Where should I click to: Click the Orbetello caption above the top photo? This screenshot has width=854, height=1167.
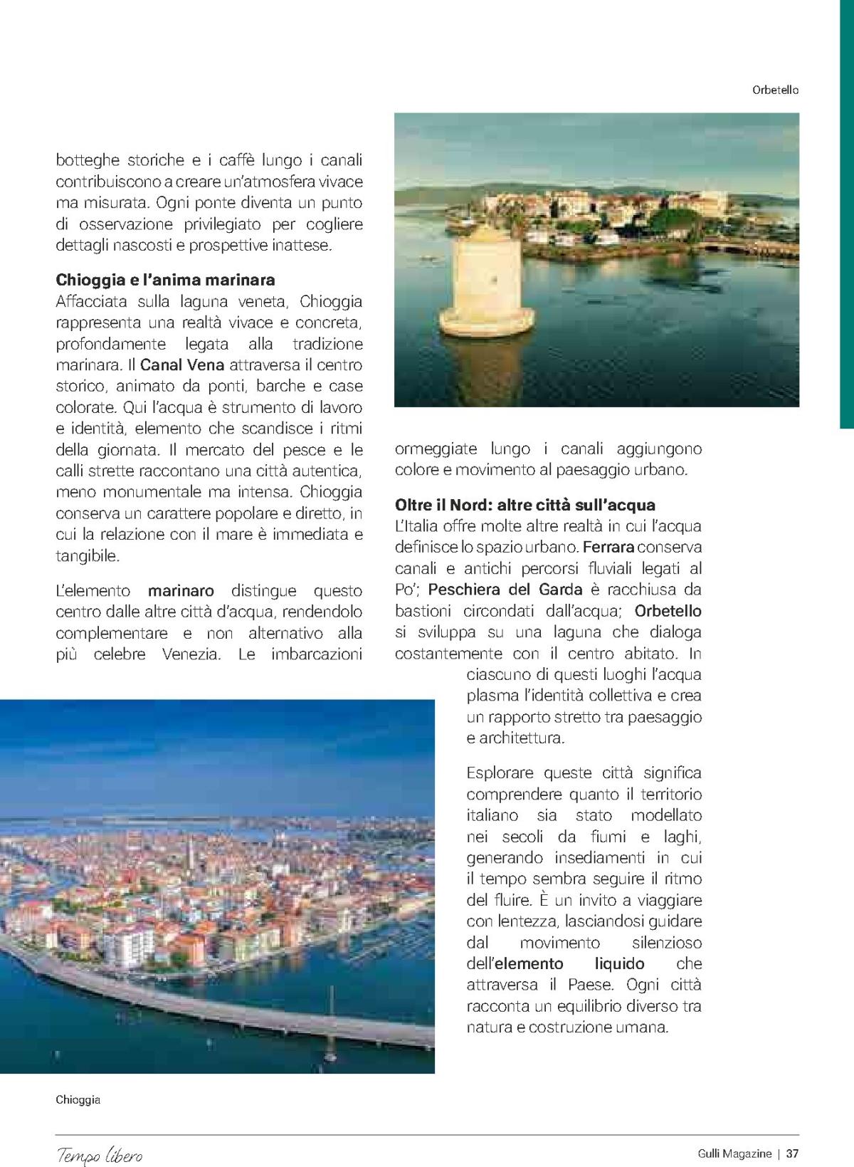click(x=775, y=90)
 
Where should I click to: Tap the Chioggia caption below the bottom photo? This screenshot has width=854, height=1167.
click(x=78, y=1099)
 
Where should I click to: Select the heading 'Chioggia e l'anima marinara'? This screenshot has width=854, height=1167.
click(x=165, y=279)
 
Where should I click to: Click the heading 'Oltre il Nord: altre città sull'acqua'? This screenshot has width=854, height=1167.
click(x=525, y=505)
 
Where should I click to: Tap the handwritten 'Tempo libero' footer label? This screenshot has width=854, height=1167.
click(x=100, y=1154)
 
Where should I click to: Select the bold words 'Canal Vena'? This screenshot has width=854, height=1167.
click(x=182, y=365)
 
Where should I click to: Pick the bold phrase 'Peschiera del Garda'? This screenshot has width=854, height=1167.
click(x=505, y=590)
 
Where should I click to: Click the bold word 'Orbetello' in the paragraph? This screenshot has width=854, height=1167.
click(x=668, y=611)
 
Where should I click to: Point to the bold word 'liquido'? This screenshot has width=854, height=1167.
click(x=619, y=964)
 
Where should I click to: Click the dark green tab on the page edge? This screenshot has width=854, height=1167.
click(x=846, y=214)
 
